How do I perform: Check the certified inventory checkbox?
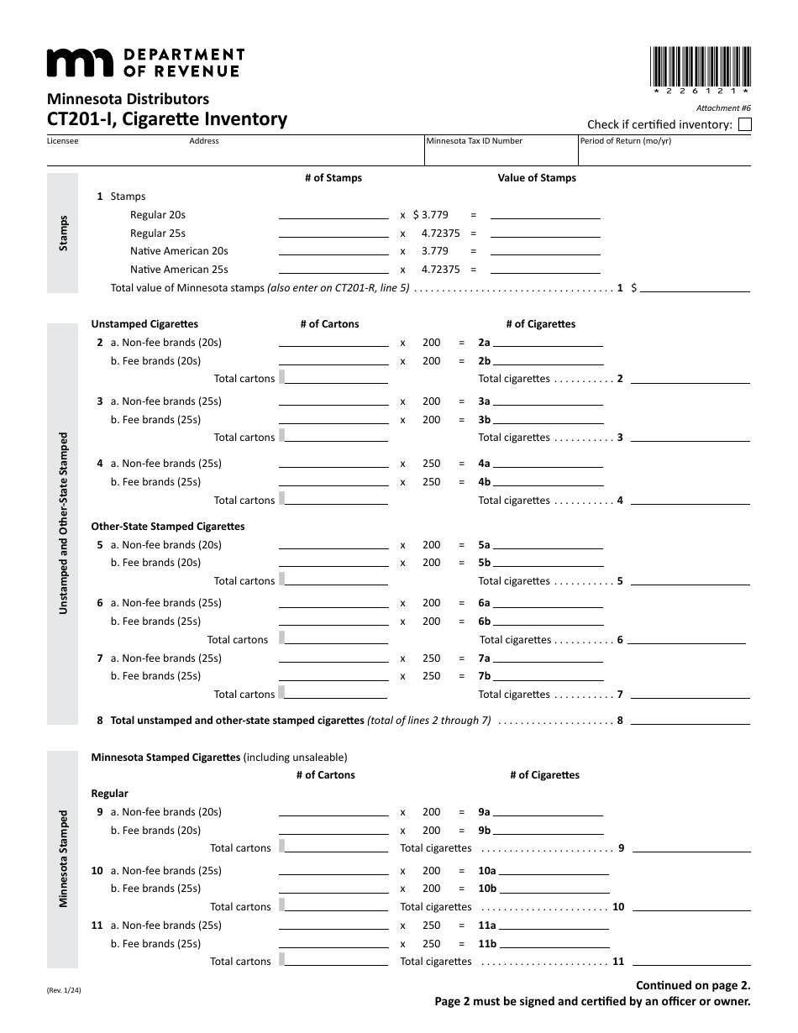744,125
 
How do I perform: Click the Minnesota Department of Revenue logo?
144,62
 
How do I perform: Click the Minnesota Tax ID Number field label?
474,141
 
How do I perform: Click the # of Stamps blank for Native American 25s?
333,270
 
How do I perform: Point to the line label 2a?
484,343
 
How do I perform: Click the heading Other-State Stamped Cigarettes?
168,527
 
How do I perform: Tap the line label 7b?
484,676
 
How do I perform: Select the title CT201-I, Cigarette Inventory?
166,119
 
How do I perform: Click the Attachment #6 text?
723,108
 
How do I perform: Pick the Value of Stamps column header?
537,178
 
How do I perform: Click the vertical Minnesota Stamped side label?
63,858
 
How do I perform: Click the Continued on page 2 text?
692,985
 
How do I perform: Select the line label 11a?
487,926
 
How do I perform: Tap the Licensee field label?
62,141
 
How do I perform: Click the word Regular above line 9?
109,794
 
